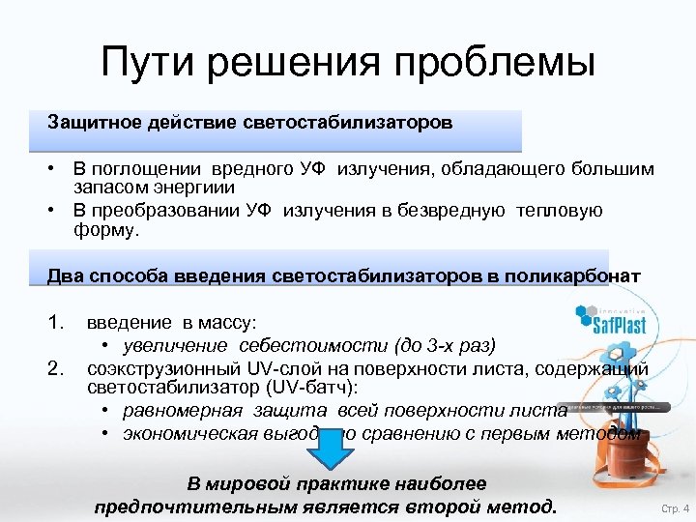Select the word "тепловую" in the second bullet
[x=560, y=211]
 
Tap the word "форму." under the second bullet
[x=106, y=230]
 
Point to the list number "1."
[x=57, y=322]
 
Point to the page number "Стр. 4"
[x=674, y=507]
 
